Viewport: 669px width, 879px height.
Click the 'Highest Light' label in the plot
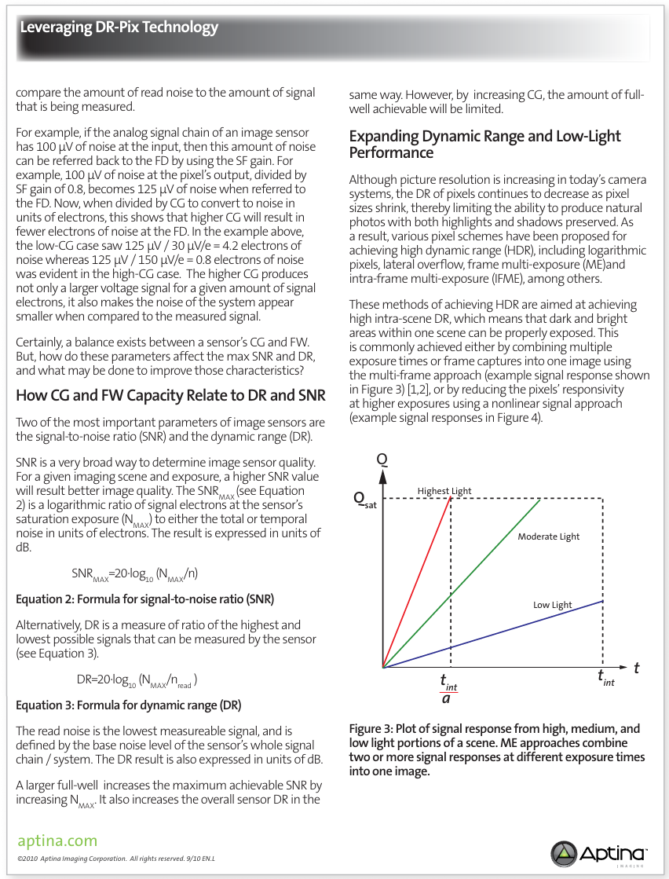tap(444, 491)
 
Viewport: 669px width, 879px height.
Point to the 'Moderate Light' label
tap(548, 537)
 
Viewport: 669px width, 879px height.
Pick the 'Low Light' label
tap(553, 605)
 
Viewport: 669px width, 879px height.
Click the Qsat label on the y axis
tap(364, 499)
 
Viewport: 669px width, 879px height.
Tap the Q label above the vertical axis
tap(382, 459)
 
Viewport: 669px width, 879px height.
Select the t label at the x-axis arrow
tap(636, 668)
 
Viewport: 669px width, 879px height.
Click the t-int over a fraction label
tap(448, 688)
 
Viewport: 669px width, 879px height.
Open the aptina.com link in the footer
tap(57, 841)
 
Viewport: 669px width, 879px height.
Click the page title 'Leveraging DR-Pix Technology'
tap(119, 28)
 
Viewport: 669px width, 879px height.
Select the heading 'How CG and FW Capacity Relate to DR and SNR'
tap(170, 395)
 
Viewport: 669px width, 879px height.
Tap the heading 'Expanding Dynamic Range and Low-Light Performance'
tap(484, 145)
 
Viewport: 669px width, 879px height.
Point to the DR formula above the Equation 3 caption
tap(136, 679)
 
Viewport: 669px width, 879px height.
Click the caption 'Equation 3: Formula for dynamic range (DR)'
tap(128, 705)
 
